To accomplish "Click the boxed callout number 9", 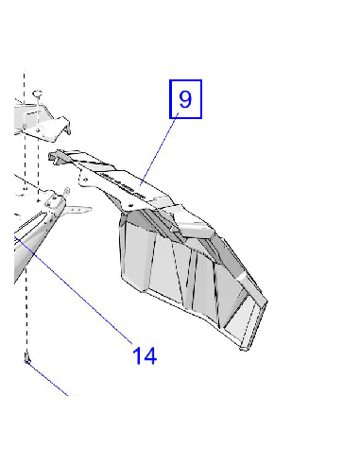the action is click(x=185, y=99).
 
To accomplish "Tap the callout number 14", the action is click(x=145, y=356).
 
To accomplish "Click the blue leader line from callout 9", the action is click(x=159, y=149).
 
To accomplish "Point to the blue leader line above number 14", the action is click(x=73, y=289).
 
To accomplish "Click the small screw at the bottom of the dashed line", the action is click(x=26, y=358).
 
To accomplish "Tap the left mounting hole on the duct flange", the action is click(x=85, y=180).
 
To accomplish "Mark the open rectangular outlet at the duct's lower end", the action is click(x=245, y=321).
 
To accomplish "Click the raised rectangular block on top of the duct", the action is click(x=195, y=228).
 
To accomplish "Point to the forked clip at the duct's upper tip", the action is click(x=57, y=157).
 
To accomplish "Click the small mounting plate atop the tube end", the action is click(x=54, y=200).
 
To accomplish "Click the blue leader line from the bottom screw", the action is click(x=47, y=379).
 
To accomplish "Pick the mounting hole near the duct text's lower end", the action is click(x=130, y=205).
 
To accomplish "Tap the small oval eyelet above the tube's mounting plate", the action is click(x=67, y=191).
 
